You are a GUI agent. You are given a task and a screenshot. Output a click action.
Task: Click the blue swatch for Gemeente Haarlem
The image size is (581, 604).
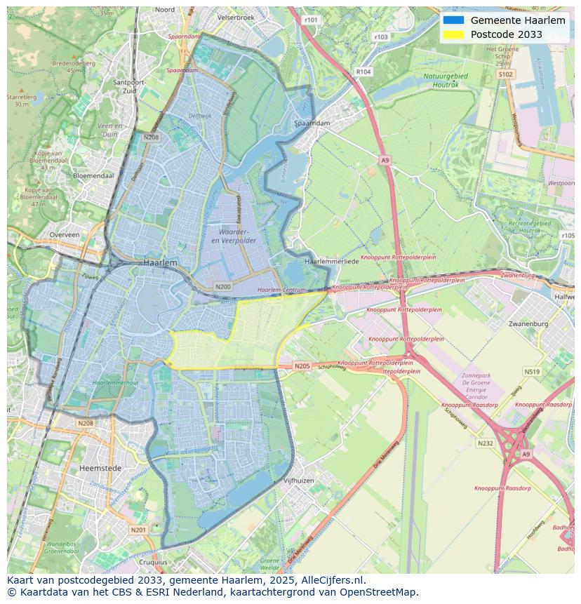point(453,20)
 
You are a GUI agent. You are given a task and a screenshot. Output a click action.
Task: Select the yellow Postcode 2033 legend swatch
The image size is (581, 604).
point(453,34)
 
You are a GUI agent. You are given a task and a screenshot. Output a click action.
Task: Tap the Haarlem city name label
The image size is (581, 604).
point(160,262)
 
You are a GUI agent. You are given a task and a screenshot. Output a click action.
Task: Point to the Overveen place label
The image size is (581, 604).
point(65,235)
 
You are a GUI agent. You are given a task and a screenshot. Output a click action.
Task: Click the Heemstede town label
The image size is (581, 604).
point(100,467)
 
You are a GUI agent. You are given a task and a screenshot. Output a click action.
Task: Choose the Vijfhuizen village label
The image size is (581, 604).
point(298,481)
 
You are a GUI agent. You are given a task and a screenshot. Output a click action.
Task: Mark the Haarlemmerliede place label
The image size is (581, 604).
point(331,261)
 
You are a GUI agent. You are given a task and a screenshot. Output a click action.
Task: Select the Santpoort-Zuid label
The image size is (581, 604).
point(128,86)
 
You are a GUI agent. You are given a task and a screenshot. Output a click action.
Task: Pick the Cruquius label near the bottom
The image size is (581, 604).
point(153,562)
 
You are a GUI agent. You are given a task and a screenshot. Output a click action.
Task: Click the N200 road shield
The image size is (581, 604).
point(223,287)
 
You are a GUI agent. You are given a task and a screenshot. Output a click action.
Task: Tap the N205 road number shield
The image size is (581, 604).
point(302,366)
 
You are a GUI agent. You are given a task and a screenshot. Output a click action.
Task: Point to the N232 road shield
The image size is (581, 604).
point(485,443)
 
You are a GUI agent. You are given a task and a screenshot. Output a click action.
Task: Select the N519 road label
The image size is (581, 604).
point(531,372)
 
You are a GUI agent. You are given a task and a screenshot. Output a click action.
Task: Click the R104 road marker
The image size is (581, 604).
point(363,72)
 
